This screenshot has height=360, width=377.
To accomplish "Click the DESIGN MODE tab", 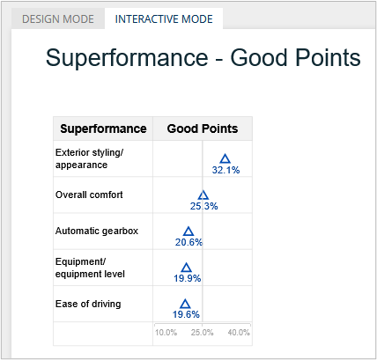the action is (x=58, y=19).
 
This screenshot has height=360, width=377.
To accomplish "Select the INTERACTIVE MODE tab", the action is (x=164, y=19).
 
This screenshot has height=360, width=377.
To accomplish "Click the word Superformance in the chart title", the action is (x=127, y=57).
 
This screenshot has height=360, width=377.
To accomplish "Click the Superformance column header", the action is (x=103, y=129).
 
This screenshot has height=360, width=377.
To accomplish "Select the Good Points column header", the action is (x=203, y=129).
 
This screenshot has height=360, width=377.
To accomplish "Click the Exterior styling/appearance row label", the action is (x=89, y=158).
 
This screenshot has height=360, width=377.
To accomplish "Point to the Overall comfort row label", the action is (x=89, y=195).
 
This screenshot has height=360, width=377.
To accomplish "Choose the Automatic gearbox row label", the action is (x=97, y=231).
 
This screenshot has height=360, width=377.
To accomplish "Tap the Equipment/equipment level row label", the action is (x=90, y=268).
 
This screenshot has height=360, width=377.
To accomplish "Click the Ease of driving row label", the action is (x=88, y=304).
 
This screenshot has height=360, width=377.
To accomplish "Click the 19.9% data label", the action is (x=187, y=278).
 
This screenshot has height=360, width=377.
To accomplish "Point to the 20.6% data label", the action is (x=188, y=242).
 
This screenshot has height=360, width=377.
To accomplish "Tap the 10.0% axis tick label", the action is (x=166, y=333).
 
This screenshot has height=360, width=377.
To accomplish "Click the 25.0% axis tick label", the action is (x=202, y=333).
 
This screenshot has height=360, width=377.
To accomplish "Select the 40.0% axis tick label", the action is (x=239, y=333).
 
